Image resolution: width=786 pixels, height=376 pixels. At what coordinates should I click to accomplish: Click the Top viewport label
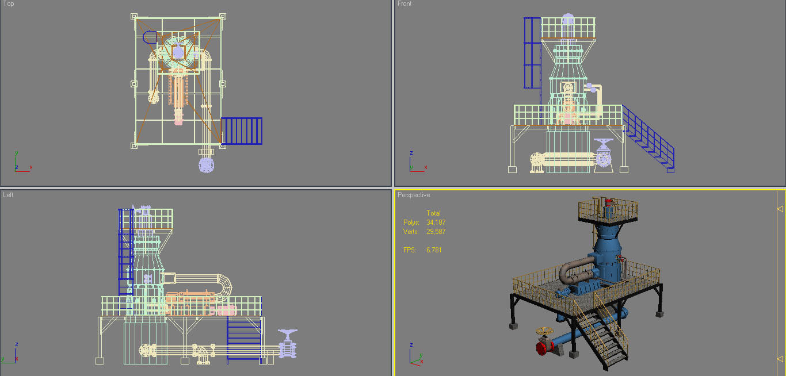9,4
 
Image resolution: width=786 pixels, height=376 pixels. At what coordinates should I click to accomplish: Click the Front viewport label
405,4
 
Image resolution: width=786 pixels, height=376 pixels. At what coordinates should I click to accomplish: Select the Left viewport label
8,195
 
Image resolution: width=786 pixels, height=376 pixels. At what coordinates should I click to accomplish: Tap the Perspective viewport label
413,195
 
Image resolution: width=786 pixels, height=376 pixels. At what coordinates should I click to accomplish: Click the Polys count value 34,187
436,222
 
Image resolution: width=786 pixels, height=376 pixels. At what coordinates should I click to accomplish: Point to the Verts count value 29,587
436,232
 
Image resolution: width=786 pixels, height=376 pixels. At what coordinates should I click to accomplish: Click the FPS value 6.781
434,250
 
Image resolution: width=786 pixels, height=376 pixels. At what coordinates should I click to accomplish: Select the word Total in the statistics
433,213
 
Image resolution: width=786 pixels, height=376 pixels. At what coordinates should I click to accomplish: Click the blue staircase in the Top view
242,131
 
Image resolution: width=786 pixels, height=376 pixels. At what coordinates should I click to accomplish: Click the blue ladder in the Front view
532,53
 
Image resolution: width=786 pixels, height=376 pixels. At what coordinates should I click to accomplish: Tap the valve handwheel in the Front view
604,143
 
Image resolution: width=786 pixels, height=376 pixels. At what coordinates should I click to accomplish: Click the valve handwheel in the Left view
288,333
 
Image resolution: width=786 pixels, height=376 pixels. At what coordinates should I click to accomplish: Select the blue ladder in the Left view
126,253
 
